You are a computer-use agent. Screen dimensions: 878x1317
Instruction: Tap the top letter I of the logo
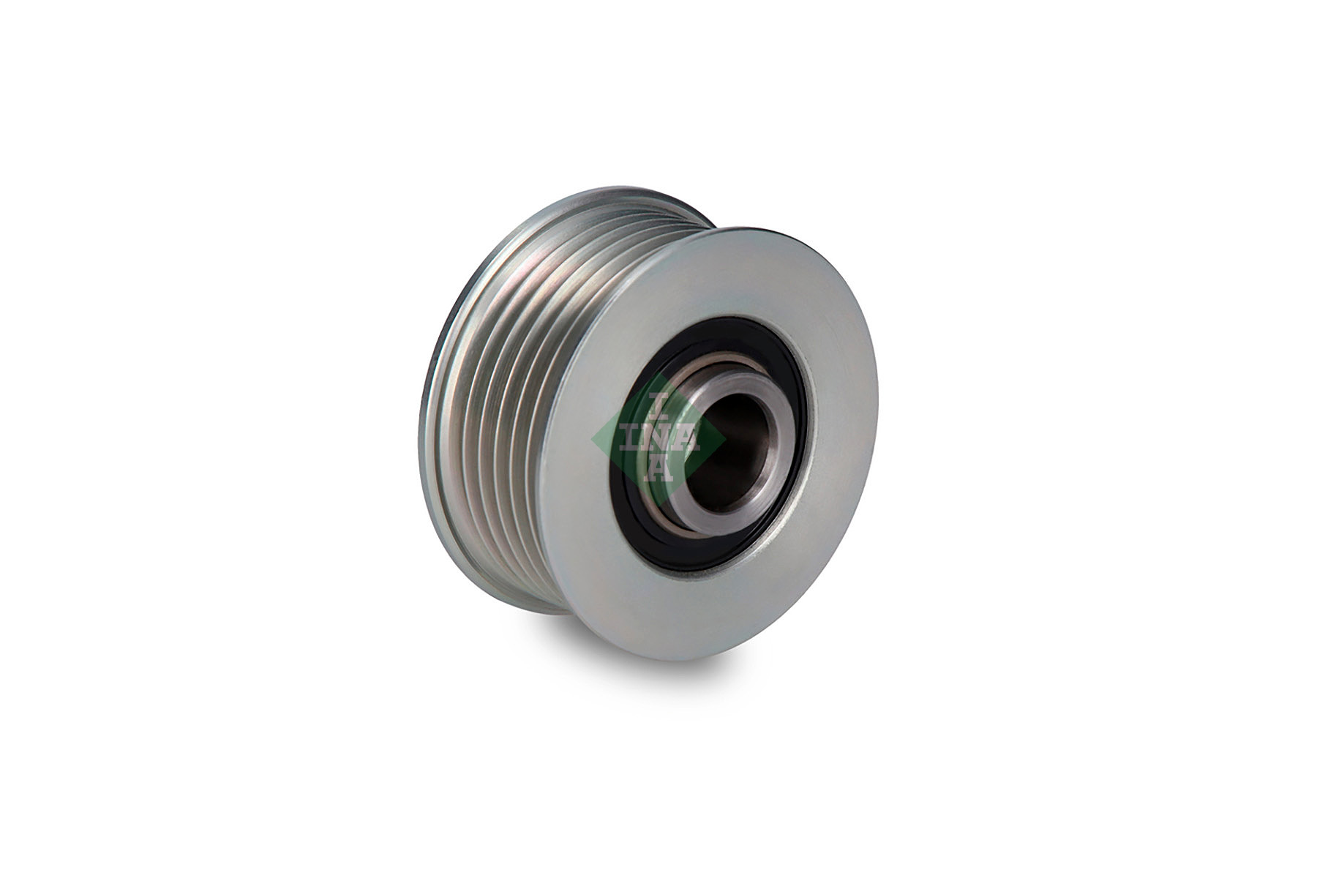pyautogui.click(x=657, y=405)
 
